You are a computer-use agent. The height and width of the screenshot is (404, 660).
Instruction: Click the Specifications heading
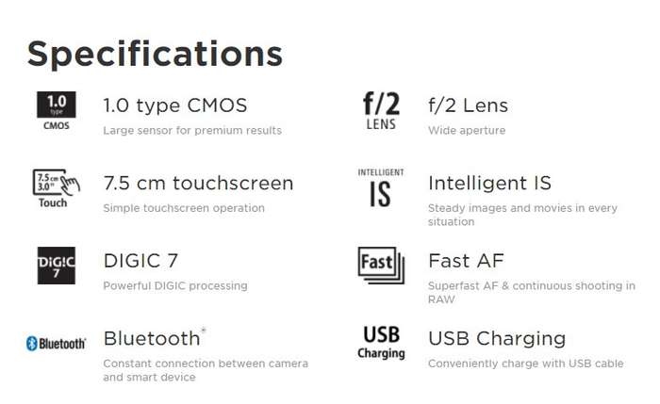coord(155,55)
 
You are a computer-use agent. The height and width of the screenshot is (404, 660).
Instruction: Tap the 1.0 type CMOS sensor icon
coord(57,110)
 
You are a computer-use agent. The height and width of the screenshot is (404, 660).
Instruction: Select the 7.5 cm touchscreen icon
coord(57,188)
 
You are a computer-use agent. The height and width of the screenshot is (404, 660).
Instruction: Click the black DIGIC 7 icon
coord(57,266)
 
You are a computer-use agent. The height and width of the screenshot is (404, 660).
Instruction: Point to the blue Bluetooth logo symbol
coord(32,344)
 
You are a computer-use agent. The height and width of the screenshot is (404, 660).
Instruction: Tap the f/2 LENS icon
coord(381,111)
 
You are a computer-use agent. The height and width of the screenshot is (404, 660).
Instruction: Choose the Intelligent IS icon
coord(381,188)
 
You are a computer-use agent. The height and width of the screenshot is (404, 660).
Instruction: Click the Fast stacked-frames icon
coord(381,266)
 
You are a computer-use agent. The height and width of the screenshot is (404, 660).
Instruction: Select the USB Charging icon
coord(381,343)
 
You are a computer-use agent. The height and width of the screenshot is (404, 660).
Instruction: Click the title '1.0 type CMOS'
coord(175,105)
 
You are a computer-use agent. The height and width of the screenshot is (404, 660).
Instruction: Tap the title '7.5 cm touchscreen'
coord(198,184)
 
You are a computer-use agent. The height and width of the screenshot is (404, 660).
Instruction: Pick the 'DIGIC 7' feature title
coord(140,261)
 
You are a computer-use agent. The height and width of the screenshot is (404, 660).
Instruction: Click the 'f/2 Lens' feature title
coord(468,105)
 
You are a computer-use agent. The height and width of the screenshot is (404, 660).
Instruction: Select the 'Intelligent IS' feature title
coord(489,184)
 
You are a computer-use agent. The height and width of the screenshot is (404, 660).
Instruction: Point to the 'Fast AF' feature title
coord(466,261)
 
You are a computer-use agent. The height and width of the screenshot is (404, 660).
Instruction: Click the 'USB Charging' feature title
coord(497,339)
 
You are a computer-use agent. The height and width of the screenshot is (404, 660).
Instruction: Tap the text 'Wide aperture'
coord(467,130)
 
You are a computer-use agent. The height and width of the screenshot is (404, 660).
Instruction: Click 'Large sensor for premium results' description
coord(192,130)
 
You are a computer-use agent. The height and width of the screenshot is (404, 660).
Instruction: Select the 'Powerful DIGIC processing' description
coord(175,286)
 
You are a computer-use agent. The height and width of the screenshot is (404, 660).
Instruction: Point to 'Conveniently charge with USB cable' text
coord(526,364)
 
